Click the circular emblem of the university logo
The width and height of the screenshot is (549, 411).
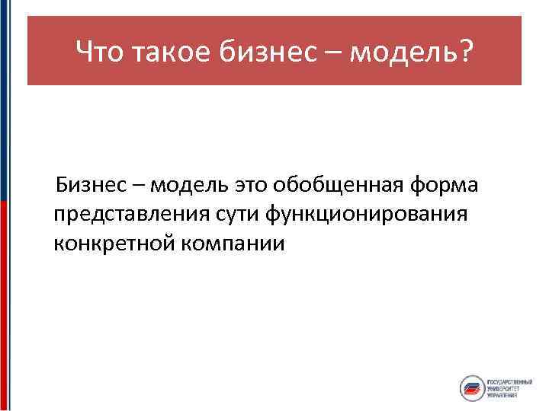tap(473, 389)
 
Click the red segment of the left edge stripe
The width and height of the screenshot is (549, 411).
tap(3, 304)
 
